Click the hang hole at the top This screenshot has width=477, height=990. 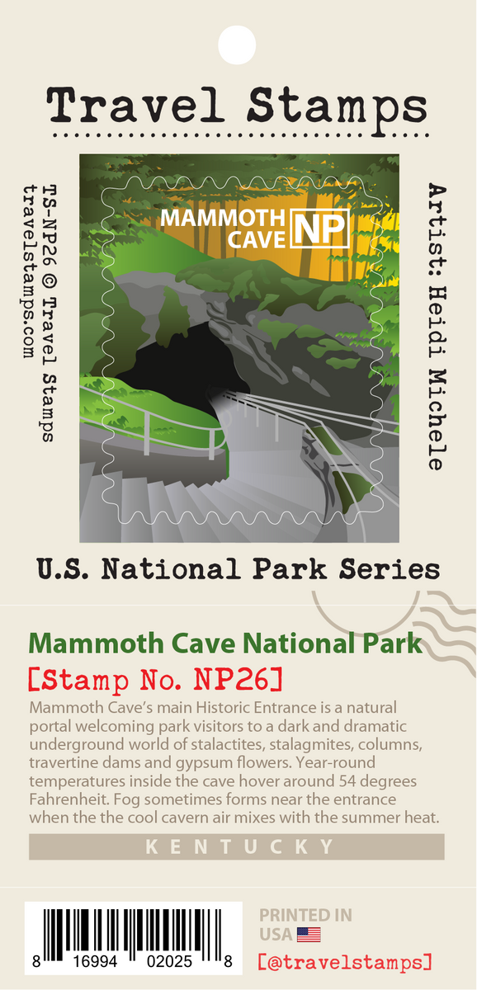(x=238, y=39)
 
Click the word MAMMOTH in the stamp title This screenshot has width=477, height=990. (x=222, y=219)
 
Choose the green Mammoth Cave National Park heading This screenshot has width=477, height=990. (x=225, y=644)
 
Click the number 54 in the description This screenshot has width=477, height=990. (x=342, y=780)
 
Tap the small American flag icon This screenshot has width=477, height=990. (x=309, y=935)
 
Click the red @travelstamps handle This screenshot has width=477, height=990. (x=345, y=962)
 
